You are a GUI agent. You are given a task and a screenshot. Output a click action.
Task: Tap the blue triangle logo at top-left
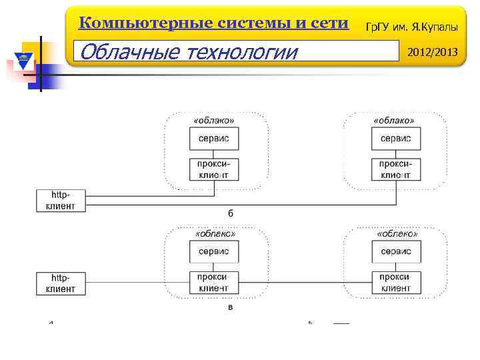coord(24,62)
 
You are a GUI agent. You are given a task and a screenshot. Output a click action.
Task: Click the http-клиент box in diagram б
coord(61,200)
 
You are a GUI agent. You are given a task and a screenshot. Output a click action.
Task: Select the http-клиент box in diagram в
coord(61,283)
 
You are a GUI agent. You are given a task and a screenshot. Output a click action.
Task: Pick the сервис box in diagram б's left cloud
coord(214,138)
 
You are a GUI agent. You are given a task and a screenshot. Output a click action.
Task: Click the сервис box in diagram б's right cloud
coord(395,138)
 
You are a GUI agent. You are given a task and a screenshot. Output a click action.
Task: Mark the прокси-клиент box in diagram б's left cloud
coord(214,169)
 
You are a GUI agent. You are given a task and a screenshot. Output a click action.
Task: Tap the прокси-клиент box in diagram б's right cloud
coord(395,169)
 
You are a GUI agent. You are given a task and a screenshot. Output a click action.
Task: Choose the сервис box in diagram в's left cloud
coord(213,251)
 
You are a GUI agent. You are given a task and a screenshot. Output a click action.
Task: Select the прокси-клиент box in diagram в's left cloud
coord(213,283)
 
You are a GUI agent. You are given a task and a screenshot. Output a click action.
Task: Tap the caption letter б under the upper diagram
coord(231,213)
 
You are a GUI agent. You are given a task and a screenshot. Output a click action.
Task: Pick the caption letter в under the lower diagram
coord(231,307)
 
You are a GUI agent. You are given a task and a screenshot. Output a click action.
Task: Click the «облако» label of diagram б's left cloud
coord(214,120)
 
